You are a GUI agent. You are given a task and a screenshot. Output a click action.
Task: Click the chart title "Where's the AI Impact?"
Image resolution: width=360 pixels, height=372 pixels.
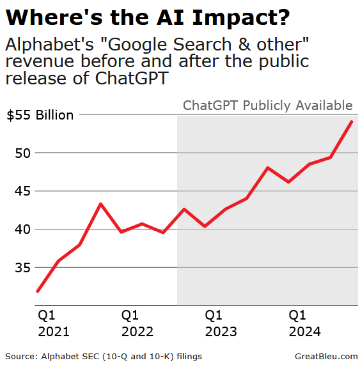(148, 17)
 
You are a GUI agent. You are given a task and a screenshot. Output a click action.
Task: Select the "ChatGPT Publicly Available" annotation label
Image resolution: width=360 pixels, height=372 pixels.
(267, 105)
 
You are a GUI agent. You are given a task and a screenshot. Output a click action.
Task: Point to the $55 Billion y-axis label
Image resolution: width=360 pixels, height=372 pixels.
(40, 116)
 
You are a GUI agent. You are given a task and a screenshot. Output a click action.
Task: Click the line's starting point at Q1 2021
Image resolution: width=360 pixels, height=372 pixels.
(38, 291)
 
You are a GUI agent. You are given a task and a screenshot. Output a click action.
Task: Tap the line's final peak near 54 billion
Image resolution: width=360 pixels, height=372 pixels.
(351, 121)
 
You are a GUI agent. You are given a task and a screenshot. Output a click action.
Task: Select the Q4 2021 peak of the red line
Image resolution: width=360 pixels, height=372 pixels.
(100, 204)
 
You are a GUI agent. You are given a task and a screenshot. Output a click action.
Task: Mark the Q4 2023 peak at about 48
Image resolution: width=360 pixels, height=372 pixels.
(267, 167)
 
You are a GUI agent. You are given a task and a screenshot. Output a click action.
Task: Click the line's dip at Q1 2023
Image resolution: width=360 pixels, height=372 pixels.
(205, 226)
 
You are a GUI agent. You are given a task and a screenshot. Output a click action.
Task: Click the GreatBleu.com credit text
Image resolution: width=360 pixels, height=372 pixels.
(326, 356)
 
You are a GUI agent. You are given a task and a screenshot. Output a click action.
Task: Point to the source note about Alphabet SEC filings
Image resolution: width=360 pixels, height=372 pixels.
(108, 356)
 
